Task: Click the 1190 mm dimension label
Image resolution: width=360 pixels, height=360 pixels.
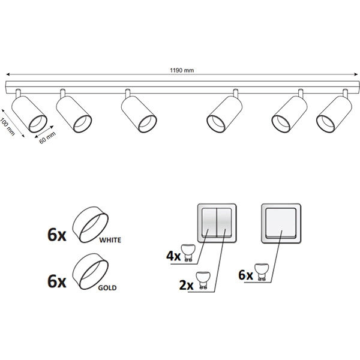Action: [x=182, y=70]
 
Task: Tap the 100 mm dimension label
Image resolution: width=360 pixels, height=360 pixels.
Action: [x=8, y=127]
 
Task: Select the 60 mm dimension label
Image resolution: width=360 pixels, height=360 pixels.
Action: [x=47, y=138]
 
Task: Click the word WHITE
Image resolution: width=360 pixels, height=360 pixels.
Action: [x=110, y=240]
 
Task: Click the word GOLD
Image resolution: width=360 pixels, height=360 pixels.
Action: [x=107, y=287]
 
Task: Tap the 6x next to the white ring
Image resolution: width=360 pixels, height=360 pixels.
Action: [x=57, y=235]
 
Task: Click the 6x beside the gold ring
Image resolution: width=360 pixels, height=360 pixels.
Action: [x=57, y=281]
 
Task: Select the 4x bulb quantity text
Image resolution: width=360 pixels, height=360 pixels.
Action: [x=173, y=256]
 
